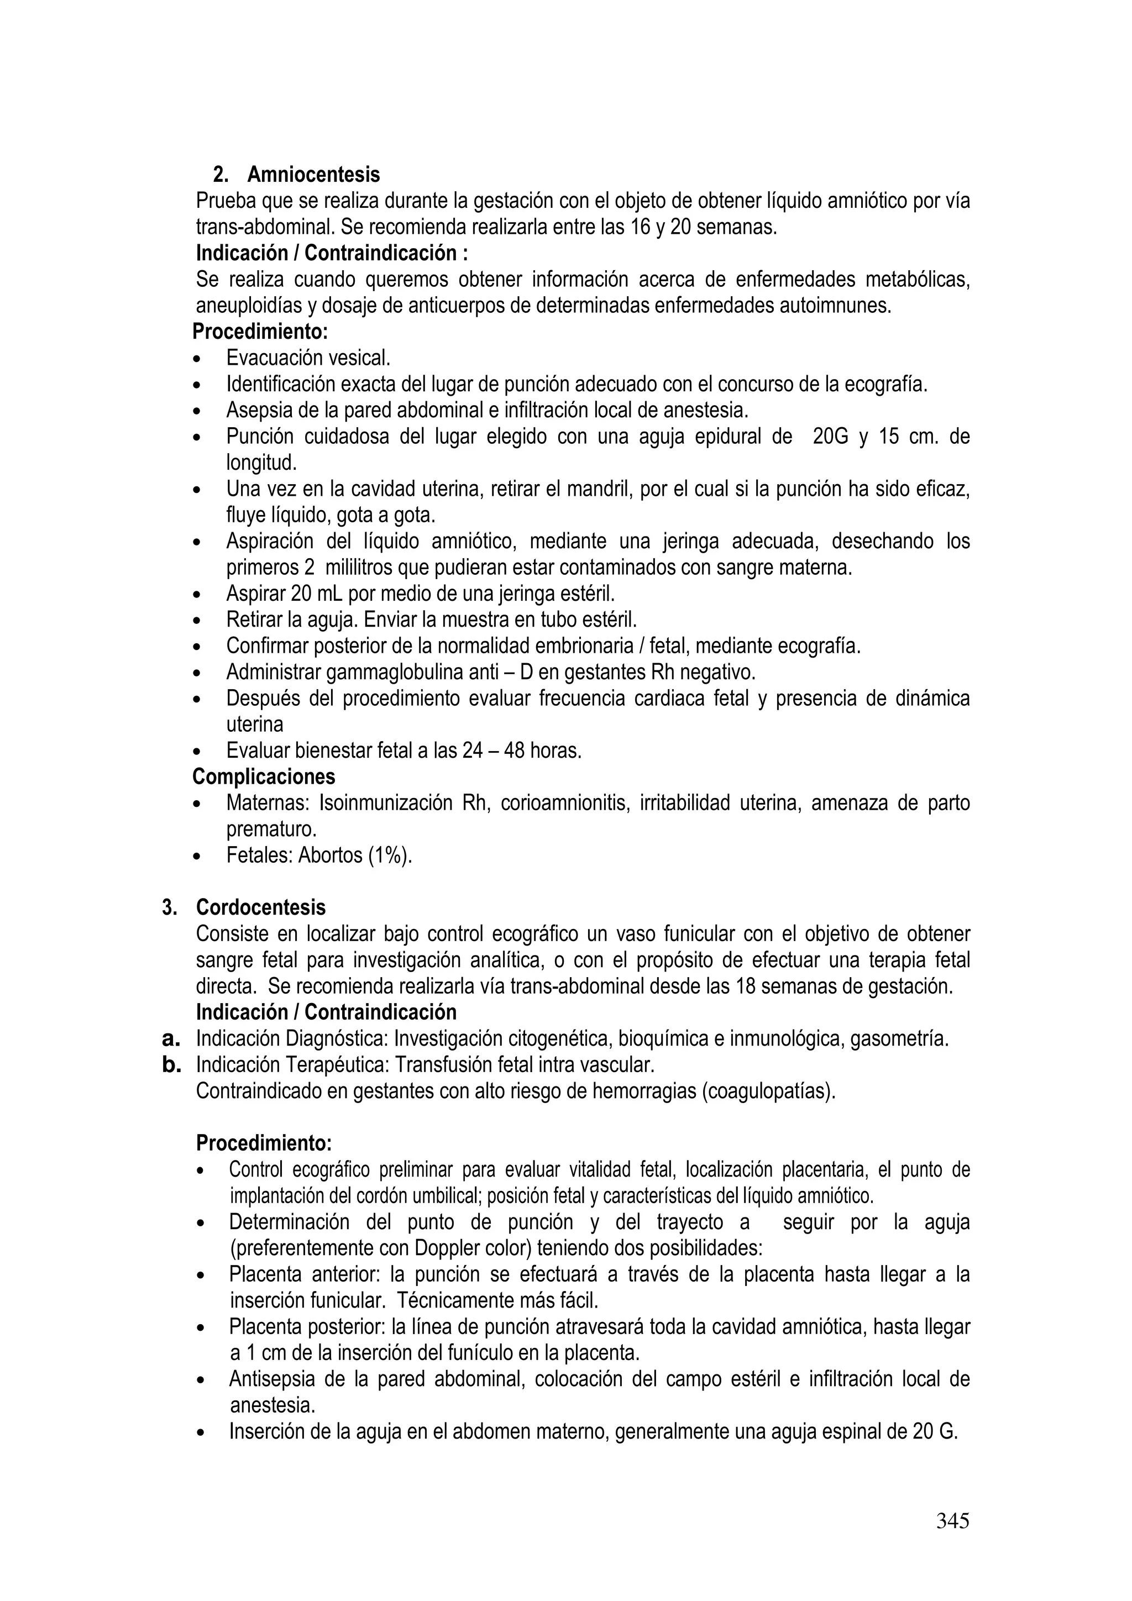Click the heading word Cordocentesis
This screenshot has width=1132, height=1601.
pos(261,907)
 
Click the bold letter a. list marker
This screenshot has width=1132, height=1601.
pos(171,1039)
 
